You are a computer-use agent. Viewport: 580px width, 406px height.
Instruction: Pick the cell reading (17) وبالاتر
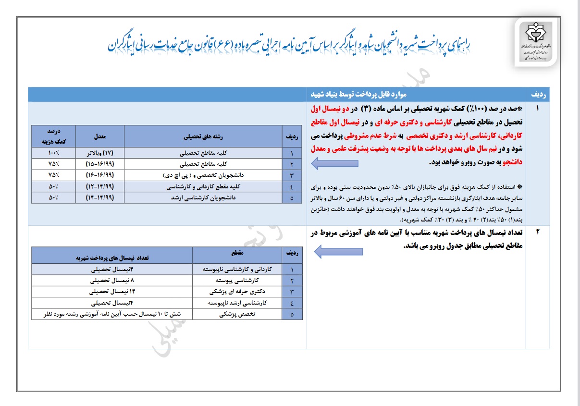click(99, 153)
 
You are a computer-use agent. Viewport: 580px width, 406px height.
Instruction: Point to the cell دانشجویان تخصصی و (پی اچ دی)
click(203, 175)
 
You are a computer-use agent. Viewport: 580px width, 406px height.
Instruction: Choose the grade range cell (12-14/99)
click(99, 186)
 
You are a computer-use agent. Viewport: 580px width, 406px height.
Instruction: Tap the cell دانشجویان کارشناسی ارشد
click(203, 197)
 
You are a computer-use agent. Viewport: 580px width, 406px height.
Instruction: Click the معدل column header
click(99, 136)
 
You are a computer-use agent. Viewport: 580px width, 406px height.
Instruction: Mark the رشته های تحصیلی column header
click(203, 136)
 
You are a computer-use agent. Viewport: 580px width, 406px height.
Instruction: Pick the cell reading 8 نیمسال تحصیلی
click(112, 280)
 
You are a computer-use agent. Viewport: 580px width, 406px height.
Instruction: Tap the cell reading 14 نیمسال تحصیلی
click(112, 292)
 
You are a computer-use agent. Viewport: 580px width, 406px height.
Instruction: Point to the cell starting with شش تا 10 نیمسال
click(112, 315)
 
